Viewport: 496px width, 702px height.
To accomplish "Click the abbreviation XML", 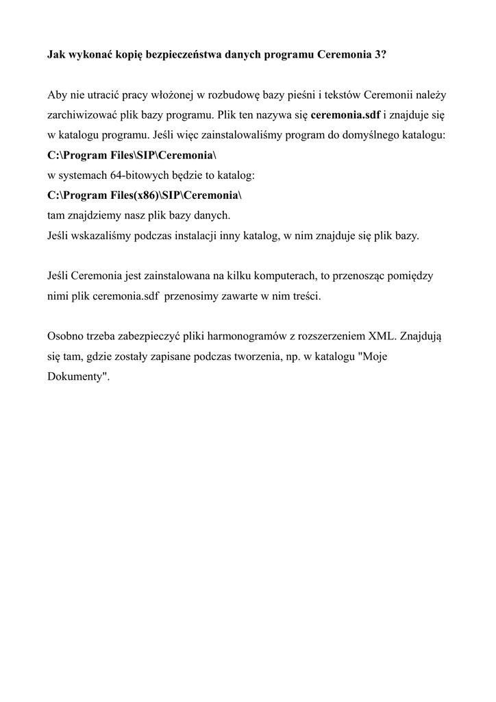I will (x=382, y=337).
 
